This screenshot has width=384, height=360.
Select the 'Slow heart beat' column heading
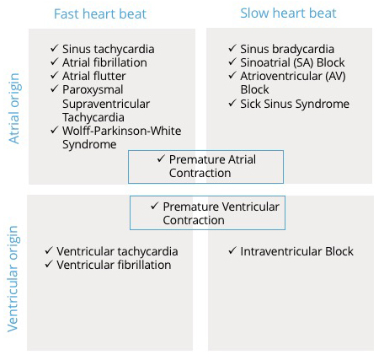tap(288, 13)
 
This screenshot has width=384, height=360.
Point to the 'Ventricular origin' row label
tap(13, 277)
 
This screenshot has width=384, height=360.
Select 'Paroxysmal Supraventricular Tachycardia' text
tap(115, 104)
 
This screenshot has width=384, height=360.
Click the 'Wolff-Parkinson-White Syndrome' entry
tap(120, 137)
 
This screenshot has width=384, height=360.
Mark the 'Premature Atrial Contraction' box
tap(205, 166)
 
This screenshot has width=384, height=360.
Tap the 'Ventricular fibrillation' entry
tap(114, 265)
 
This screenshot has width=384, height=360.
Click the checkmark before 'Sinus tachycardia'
tap(55, 49)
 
